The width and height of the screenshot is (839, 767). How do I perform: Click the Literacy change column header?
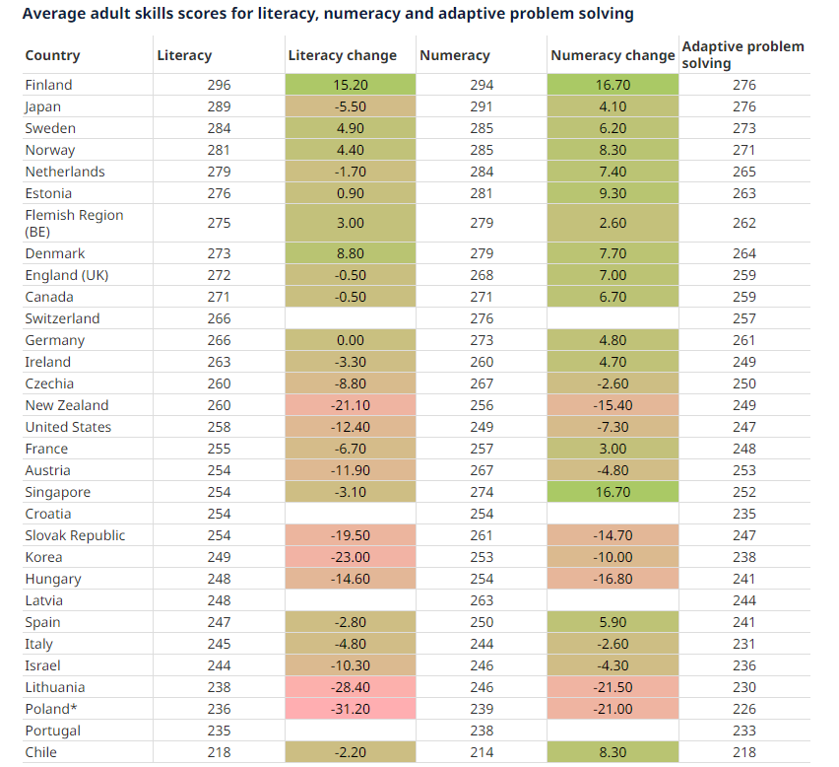(x=342, y=56)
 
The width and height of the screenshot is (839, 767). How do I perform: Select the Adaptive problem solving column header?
(x=742, y=55)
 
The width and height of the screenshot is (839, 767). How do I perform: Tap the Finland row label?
(x=49, y=85)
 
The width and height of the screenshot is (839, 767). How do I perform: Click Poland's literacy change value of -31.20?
(x=350, y=709)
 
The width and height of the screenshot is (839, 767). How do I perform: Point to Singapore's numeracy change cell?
(x=613, y=492)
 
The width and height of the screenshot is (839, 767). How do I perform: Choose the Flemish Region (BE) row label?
(x=74, y=223)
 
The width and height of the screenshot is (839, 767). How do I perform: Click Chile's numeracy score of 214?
(x=483, y=752)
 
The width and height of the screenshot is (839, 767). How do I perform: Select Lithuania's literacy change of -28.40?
(x=350, y=687)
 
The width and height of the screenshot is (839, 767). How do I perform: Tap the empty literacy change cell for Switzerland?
(x=350, y=318)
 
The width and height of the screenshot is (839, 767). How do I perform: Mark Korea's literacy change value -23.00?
(x=350, y=557)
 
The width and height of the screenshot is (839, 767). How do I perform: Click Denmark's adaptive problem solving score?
(x=744, y=253)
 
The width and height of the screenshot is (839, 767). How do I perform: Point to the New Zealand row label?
(x=67, y=405)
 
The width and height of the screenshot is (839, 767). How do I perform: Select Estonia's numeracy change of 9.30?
(x=613, y=193)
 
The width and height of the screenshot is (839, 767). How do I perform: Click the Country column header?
(x=53, y=56)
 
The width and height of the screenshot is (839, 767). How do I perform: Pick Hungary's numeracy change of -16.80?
(x=613, y=579)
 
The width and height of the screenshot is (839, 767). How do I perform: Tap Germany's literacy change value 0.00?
(x=350, y=340)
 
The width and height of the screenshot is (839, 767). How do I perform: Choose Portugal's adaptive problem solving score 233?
(x=744, y=731)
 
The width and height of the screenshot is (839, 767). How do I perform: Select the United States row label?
(x=68, y=427)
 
